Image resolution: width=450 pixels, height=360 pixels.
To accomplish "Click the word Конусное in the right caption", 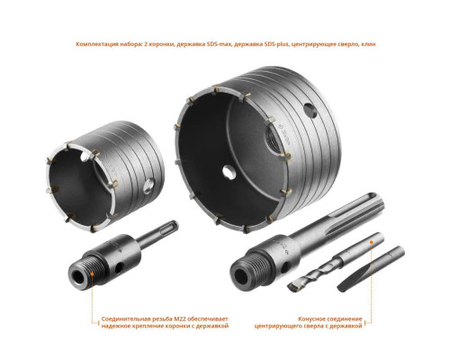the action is (x=312, y=319).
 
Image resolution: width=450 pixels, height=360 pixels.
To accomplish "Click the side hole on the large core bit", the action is (x=310, y=111).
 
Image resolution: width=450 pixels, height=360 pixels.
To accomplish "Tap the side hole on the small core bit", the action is (x=148, y=186).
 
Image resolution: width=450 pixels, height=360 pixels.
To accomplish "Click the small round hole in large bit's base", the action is (x=229, y=172).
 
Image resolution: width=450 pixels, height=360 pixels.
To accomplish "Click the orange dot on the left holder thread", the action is (x=93, y=274).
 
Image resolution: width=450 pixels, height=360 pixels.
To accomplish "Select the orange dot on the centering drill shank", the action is (x=372, y=242).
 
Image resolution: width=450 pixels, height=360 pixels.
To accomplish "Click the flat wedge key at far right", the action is (x=371, y=268).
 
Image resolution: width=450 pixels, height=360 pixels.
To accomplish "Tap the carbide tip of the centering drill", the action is (x=293, y=286).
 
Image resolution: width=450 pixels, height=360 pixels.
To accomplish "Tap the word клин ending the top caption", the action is (x=369, y=44).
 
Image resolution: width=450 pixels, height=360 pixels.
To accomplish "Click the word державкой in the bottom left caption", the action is (x=215, y=326).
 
